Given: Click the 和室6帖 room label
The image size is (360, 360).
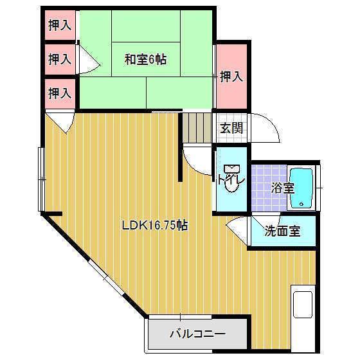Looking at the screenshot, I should pyautogui.click(x=145, y=59).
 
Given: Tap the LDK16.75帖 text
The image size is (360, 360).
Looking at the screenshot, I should pyautogui.click(x=155, y=226).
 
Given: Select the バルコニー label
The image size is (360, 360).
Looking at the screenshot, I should pyautogui.click(x=197, y=334).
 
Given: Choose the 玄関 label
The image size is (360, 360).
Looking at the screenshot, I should pyautogui.click(x=231, y=128).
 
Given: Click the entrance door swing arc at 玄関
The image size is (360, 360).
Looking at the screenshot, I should pyautogui.click(x=266, y=130).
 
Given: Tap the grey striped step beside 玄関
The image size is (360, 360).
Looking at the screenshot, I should pyautogui.click(x=196, y=128).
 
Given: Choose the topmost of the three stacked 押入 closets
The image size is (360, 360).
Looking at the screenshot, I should pyautogui.click(x=60, y=26).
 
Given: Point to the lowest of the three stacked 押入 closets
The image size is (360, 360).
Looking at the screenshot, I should pyautogui.click(x=60, y=93).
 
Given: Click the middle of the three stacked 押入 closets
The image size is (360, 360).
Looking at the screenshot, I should pyautogui.click(x=60, y=59).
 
